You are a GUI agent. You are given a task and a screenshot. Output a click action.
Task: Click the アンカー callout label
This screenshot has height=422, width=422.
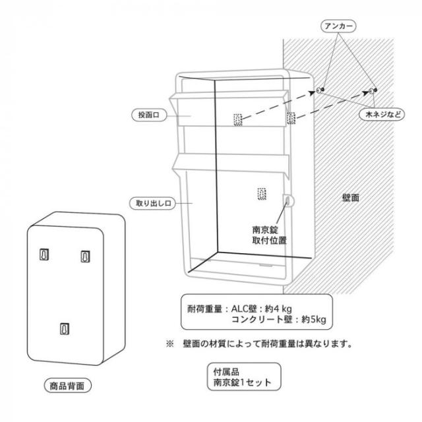coord(338,26)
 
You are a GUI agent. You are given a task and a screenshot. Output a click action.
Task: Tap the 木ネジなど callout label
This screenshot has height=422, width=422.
coord(382,114)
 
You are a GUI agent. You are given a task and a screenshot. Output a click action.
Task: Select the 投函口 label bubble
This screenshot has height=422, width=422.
coord(149,115)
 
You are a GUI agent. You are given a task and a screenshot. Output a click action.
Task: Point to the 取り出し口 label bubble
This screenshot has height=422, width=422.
coord(152,203)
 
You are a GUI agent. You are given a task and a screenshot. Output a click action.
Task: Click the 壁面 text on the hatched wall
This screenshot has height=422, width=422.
coord(351,198)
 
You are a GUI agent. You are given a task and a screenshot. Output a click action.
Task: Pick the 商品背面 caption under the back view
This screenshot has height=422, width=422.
coord(67,386)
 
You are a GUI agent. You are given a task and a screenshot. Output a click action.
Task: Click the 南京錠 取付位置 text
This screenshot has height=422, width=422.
coord(269,235)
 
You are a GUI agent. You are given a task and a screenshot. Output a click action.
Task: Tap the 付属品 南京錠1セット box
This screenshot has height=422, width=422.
coord(244,377)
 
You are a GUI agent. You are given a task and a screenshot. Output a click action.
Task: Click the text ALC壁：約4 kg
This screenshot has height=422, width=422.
coord(261,309)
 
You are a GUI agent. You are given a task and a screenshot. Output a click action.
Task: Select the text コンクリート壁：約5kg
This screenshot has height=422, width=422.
coord(278,319)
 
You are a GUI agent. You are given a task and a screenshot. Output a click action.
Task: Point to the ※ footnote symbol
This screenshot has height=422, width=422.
coord(170,344)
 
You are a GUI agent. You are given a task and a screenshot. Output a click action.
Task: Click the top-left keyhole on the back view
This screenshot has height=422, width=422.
coord(44,255)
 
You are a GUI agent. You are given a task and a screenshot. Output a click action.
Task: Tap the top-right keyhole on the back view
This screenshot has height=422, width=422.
coord(85,256)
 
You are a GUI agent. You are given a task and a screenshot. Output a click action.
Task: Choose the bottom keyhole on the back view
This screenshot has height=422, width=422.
coord(65,328)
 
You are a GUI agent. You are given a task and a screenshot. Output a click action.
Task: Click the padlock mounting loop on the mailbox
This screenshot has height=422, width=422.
coord(288,200)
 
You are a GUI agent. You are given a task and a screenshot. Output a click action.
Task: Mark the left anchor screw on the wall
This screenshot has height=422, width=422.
coord(320,90)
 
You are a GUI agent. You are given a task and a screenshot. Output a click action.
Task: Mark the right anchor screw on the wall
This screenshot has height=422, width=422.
coord(373,91)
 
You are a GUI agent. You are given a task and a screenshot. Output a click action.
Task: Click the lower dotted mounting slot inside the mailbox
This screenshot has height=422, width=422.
coord(262,194)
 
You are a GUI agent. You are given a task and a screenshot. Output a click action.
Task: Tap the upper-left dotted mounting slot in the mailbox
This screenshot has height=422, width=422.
coord(237,119)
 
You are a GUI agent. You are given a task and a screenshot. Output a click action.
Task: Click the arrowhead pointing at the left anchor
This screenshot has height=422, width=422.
coord(312,93)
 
